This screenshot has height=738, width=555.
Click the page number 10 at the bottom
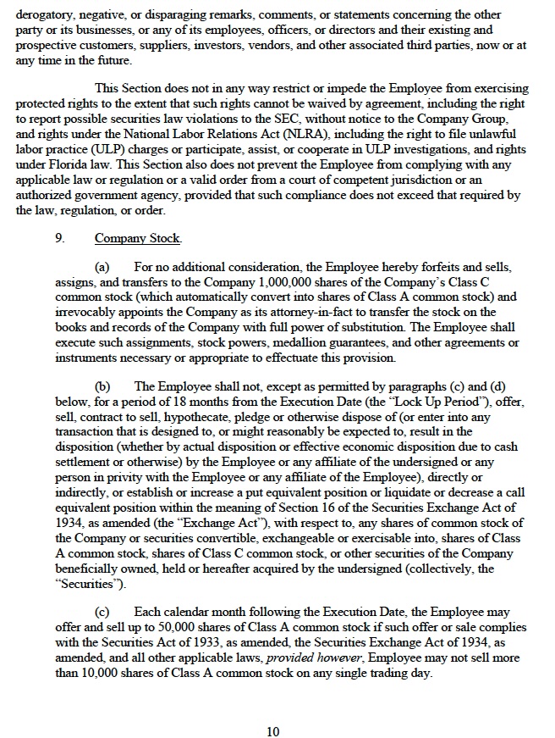[x=272, y=708]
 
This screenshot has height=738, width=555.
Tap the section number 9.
[x=61, y=239]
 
